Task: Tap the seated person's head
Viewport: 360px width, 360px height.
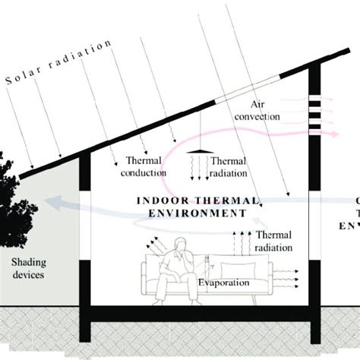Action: [180, 247]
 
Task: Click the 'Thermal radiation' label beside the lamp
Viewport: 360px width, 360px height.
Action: [228, 167]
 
